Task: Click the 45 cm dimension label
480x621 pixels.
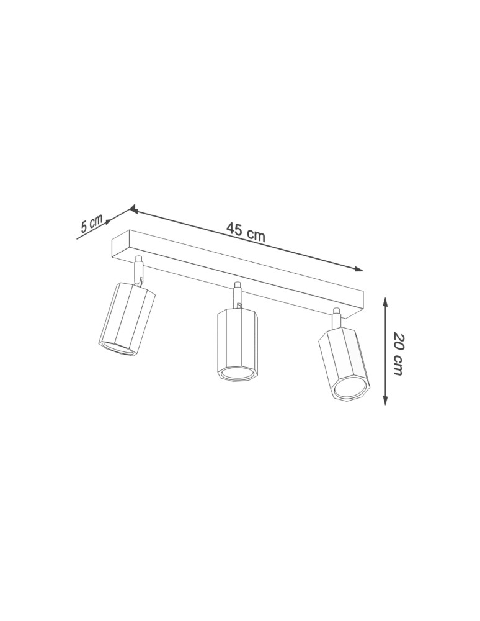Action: point(246,232)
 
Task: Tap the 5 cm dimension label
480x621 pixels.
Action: point(91,225)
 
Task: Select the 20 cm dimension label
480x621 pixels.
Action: point(398,355)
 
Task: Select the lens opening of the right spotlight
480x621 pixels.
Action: point(349,391)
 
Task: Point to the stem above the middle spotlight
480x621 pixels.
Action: point(236,295)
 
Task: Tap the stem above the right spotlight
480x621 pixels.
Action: point(336,319)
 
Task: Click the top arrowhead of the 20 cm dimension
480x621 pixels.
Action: point(385,302)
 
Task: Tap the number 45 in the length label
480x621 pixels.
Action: point(234,229)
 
